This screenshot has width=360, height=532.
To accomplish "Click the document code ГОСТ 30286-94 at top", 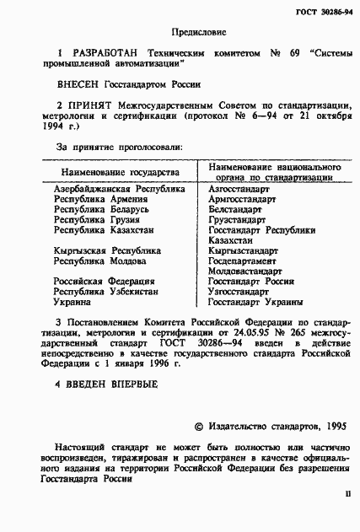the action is (322, 9).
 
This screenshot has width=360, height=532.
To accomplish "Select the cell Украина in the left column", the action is (73, 301).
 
